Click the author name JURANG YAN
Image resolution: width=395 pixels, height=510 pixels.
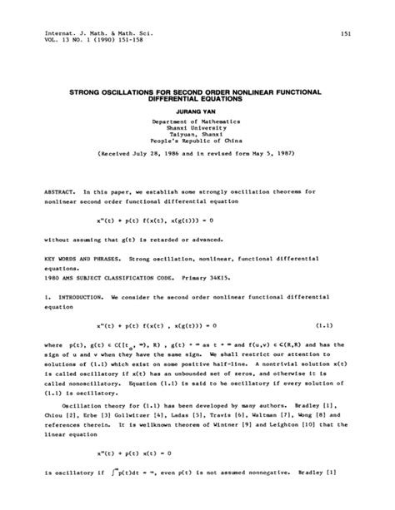(197, 107)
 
